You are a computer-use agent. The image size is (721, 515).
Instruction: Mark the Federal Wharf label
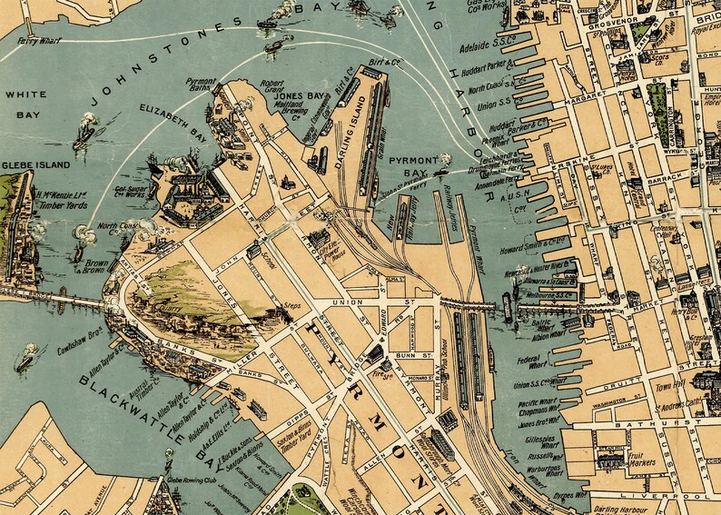pyautogui.click(x=528, y=363)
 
